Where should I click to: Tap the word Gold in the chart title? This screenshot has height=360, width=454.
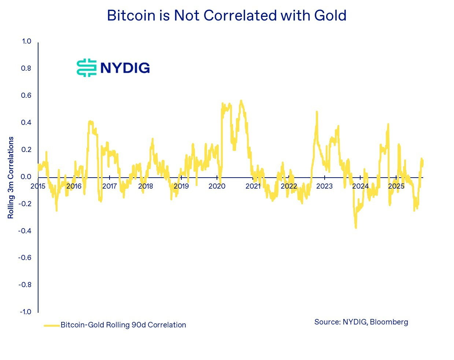click(x=330, y=16)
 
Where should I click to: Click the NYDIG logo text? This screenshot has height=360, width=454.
click(x=125, y=68)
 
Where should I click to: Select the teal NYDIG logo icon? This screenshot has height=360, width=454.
click(x=87, y=68)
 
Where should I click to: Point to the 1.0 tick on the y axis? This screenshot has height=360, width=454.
click(x=26, y=41)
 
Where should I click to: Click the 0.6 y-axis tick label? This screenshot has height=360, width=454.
click(x=26, y=95)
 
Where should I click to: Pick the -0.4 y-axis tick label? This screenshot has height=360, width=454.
click(x=25, y=231)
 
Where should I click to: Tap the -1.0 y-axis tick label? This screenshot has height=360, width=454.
click(x=25, y=312)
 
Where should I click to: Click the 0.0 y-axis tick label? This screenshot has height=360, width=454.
click(x=26, y=177)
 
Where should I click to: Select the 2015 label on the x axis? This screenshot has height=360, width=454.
click(x=38, y=186)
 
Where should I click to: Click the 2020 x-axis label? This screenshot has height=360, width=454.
click(x=217, y=186)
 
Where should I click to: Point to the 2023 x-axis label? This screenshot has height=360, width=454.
click(x=324, y=186)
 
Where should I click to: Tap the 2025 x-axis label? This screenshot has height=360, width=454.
click(x=396, y=186)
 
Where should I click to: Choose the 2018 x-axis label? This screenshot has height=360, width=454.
click(x=145, y=186)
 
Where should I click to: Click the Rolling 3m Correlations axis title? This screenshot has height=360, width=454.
click(x=11, y=178)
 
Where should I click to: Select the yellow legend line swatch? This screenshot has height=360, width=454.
click(x=52, y=325)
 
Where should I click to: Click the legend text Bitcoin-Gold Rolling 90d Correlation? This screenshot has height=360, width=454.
click(x=123, y=325)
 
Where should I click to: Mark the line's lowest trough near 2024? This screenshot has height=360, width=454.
click(x=356, y=228)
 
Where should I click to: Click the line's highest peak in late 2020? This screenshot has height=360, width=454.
click(x=241, y=101)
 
